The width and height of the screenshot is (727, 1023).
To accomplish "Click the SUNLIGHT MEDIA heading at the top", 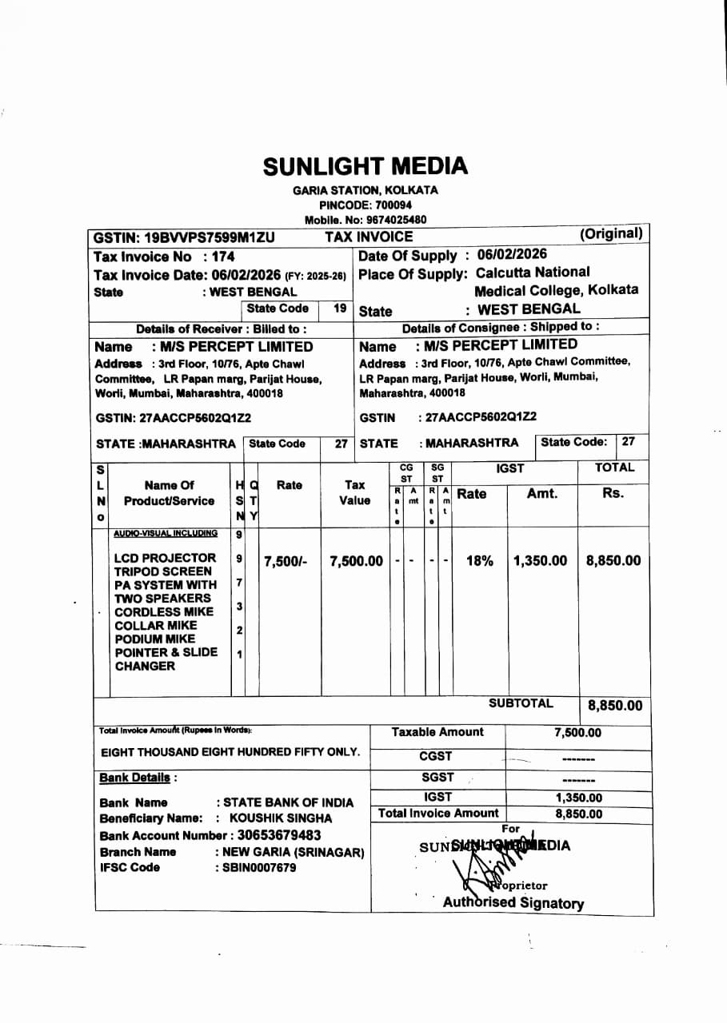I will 365,165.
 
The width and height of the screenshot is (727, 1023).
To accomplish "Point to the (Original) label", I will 611,233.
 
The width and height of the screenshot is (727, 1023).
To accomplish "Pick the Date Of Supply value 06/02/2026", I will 512,255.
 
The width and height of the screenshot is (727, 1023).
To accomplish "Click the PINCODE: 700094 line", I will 365,205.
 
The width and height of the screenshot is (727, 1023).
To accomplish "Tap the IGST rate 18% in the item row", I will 479,561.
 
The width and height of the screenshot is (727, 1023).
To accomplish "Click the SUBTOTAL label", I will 521,703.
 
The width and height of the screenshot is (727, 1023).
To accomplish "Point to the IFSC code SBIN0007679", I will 259,868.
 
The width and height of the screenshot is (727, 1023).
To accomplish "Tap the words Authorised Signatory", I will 513,903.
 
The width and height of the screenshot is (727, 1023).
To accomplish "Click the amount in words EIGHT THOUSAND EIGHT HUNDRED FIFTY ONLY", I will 230,753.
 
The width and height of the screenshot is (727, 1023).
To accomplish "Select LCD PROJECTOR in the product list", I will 165,558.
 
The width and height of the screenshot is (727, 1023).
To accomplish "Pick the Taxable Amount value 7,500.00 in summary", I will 577,733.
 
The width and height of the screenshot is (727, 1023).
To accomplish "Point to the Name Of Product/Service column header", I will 169,493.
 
